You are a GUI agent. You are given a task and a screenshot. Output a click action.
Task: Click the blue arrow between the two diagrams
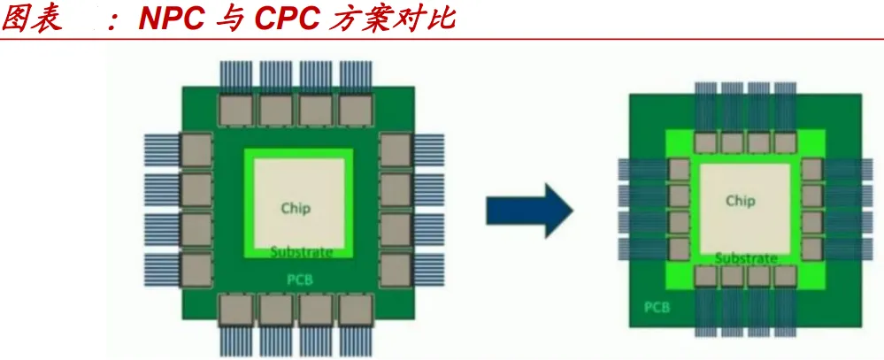coord(529,210)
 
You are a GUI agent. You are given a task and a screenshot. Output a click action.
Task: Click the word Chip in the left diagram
coord(296,208)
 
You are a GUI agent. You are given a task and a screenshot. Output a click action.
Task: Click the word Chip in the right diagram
coord(740,201)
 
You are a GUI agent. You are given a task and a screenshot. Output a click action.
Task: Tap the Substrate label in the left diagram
coord(302,252)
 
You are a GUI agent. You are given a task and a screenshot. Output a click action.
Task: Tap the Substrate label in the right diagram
coord(746,258)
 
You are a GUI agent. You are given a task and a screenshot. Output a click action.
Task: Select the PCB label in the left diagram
coord(300,280)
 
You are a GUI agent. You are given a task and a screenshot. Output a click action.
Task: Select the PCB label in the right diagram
coord(656,309)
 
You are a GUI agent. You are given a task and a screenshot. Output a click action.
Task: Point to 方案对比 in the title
coord(389,19)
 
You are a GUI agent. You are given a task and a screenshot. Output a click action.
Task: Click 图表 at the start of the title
coord(33,19)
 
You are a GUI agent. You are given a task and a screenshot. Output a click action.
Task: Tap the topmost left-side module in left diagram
coord(196,149)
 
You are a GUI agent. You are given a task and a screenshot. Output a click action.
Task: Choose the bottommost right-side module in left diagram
coord(396,270)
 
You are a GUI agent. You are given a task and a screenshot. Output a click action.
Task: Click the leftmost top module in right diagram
coord(705,143)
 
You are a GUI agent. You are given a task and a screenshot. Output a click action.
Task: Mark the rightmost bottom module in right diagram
coord(785,275)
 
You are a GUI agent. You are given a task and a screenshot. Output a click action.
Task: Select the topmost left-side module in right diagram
coord(679,170)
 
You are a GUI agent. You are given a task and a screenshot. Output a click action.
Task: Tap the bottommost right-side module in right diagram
coord(811,249)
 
